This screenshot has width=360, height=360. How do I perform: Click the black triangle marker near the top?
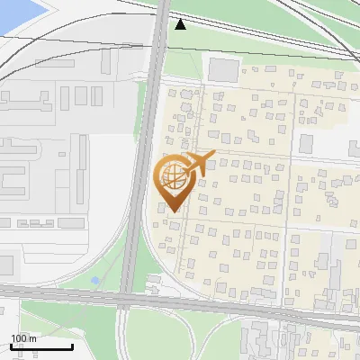(x=181, y=23)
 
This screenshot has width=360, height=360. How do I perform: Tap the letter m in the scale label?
(x=32, y=338)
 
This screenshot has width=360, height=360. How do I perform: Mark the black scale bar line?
(x=41, y=346)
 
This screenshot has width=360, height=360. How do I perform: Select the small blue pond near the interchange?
(x=95, y=281)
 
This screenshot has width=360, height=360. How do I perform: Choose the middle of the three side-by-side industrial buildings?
(x=80, y=95)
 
